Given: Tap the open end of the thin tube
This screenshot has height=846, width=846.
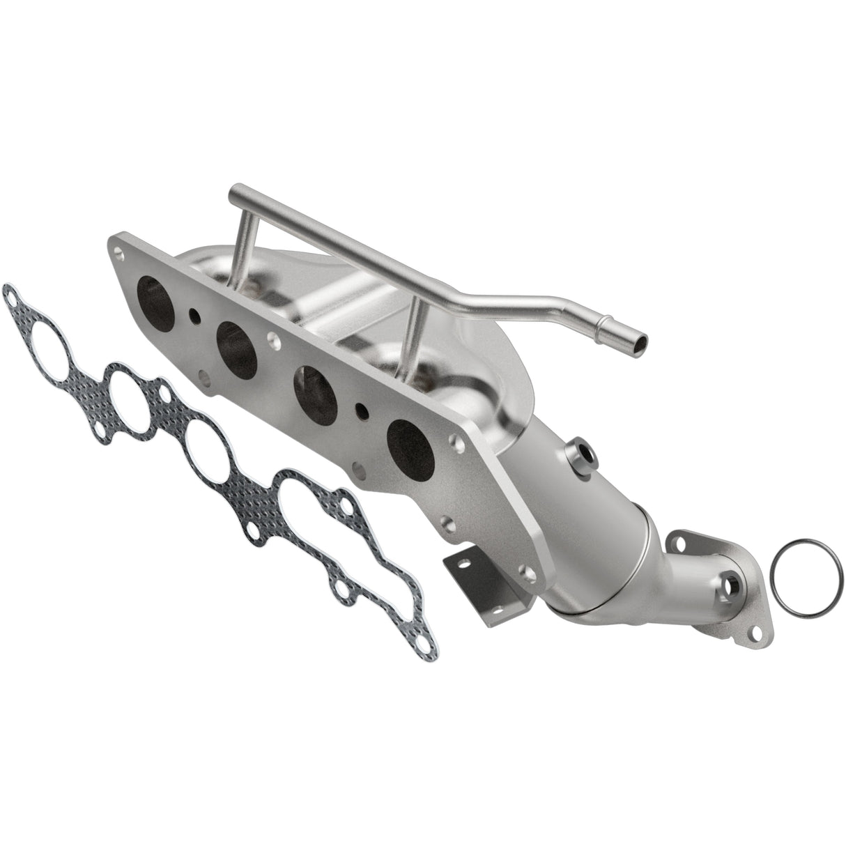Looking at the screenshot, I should (x=638, y=341).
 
